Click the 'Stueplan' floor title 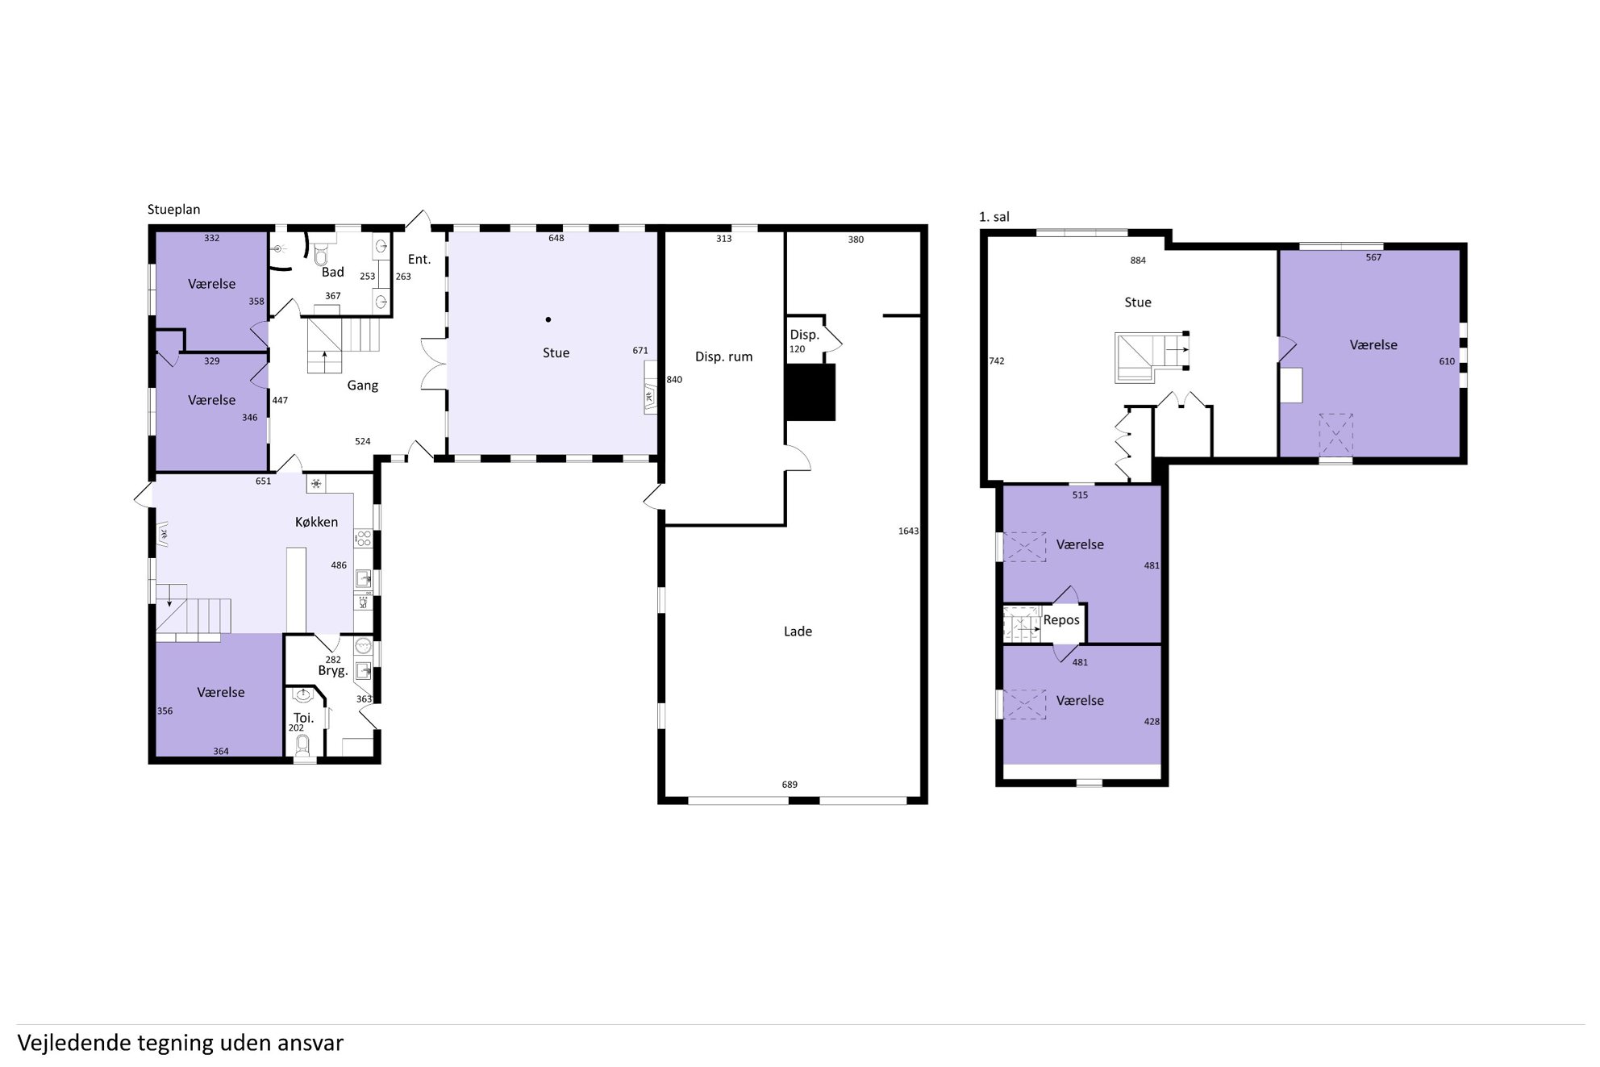click(x=173, y=210)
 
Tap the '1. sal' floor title click(x=994, y=217)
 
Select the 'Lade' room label click(x=798, y=631)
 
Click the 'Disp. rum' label click(x=723, y=356)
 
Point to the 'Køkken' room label click(x=316, y=522)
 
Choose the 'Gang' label click(x=362, y=386)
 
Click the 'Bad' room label click(x=332, y=272)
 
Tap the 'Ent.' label click(x=419, y=259)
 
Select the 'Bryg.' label click(x=332, y=671)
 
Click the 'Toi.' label click(x=303, y=718)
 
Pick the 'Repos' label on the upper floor click(x=1060, y=620)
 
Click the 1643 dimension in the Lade click(x=908, y=531)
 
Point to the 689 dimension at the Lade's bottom click(x=790, y=785)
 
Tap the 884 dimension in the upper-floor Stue click(x=1138, y=260)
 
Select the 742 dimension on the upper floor click(x=997, y=361)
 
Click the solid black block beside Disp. click(x=810, y=392)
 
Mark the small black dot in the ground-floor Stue click(x=548, y=319)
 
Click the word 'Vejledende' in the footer click(x=74, y=1043)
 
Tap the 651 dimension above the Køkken click(x=263, y=481)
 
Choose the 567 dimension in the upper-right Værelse click(x=1373, y=258)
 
